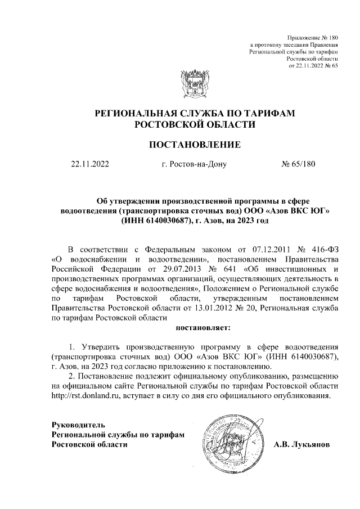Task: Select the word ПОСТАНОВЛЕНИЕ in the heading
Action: pyautogui.click(x=194, y=145)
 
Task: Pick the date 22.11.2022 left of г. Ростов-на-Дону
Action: pyautogui.click(x=89, y=165)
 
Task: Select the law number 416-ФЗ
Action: pyautogui.click(x=324, y=249)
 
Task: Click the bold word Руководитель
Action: pyautogui.click(x=78, y=424)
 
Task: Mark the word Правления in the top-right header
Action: pyautogui.click(x=323, y=43)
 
